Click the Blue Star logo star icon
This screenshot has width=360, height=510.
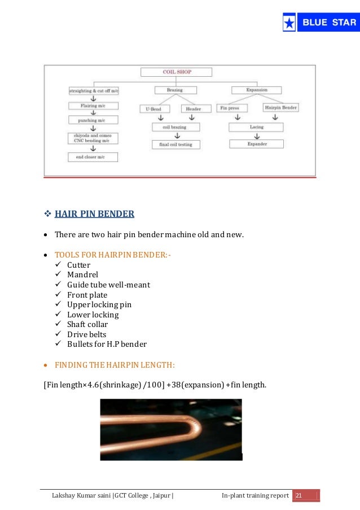[x=289, y=23]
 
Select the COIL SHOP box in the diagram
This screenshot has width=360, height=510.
[x=176, y=72]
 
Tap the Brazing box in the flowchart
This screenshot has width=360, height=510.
[x=174, y=90]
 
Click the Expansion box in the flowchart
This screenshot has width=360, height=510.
[x=257, y=90]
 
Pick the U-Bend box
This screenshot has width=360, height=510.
[x=153, y=108]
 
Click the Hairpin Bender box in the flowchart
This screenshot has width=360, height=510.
[x=280, y=107]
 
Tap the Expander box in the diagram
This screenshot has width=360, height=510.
[x=256, y=144]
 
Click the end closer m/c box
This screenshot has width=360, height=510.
[x=93, y=157]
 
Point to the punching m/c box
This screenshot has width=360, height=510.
[x=93, y=120]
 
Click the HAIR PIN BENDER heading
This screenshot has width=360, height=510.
[x=94, y=214]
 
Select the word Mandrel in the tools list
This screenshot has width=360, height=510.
[x=82, y=275]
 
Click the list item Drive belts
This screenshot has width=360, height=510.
[x=86, y=334]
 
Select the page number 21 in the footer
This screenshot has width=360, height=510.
[x=299, y=496]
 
